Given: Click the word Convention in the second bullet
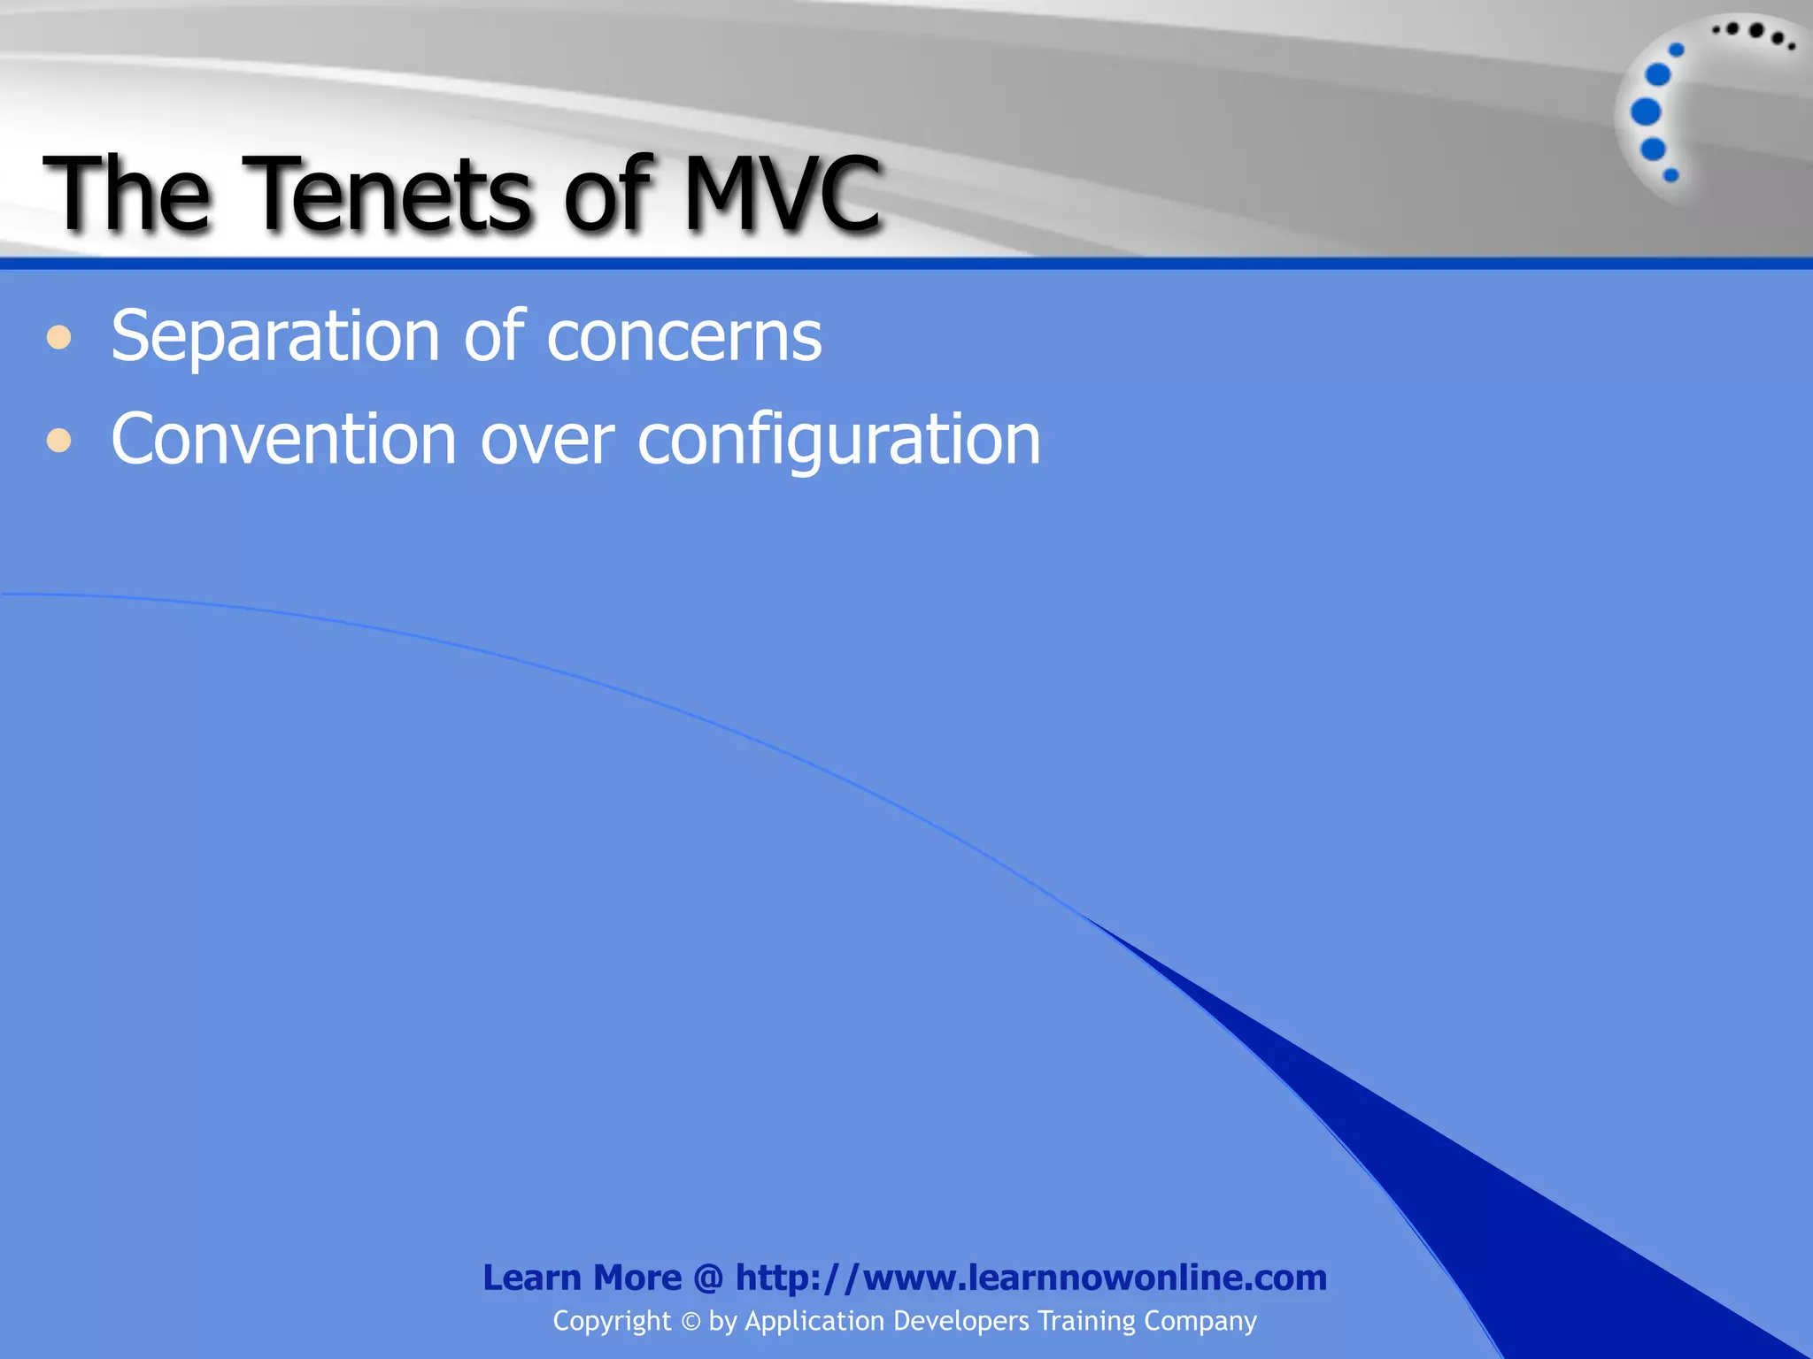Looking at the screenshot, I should [283, 440].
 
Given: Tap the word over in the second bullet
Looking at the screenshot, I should [547, 440].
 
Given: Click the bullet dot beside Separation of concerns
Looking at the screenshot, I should [59, 338].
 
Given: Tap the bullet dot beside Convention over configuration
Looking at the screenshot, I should [59, 440].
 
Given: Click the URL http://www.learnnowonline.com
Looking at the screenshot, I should [1031, 1278].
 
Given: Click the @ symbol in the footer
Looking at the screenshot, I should [708, 1278].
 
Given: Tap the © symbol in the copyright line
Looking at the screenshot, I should [690, 1322].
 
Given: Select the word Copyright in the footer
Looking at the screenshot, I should [612, 1322].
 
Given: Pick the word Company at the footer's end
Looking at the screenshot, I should [1200, 1321].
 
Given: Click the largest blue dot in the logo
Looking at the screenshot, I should [1646, 112].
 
